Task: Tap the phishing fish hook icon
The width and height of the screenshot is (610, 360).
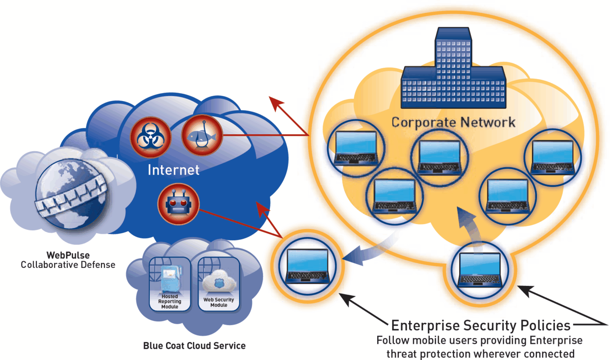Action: tap(201, 133)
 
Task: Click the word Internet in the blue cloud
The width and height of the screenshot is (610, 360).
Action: tap(173, 170)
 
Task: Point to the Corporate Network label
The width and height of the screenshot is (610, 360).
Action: tap(453, 122)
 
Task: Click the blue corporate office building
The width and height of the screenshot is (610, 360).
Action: tap(453, 74)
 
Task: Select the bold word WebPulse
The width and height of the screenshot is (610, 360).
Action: tap(68, 255)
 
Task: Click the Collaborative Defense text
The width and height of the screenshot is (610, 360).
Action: tap(68, 265)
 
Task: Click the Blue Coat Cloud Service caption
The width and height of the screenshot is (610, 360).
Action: tap(194, 346)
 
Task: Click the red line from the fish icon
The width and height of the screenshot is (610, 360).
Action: tap(265, 134)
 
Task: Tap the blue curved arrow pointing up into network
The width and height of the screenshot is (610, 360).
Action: tap(466, 229)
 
